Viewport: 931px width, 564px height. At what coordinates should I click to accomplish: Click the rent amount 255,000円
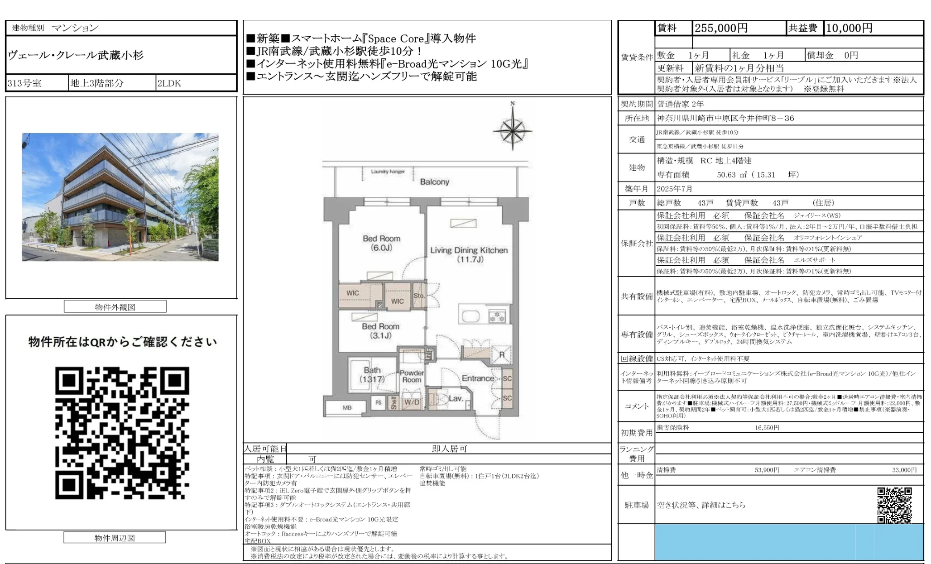tap(721, 28)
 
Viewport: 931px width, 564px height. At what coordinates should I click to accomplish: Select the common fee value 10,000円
tap(849, 28)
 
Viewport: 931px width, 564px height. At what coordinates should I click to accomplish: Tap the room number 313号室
tap(24, 83)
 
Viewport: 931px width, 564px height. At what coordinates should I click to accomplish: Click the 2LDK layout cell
tap(169, 83)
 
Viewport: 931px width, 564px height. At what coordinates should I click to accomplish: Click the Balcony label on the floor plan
tap(434, 182)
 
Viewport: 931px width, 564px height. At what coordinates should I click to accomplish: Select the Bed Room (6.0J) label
tap(381, 243)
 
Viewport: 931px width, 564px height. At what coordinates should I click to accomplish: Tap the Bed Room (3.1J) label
tap(380, 330)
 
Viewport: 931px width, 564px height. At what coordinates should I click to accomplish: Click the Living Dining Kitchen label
tap(469, 254)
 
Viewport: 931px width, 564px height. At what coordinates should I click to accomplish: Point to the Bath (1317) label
tap(372, 374)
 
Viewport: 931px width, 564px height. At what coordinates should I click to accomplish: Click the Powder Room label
tap(412, 376)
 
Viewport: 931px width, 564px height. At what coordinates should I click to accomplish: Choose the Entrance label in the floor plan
tap(478, 378)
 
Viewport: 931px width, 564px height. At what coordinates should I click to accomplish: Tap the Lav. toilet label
tap(456, 398)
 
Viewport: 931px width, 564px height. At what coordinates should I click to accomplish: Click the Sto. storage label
tap(419, 296)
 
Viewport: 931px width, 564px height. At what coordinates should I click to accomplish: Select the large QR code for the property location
tap(122, 433)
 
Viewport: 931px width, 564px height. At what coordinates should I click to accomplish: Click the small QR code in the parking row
tap(894, 505)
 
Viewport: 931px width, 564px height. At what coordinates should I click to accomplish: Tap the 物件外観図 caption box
tap(115, 307)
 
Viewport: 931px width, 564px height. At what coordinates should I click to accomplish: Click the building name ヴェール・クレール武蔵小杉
tap(76, 55)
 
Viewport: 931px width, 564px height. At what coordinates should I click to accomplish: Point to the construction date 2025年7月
tap(675, 189)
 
